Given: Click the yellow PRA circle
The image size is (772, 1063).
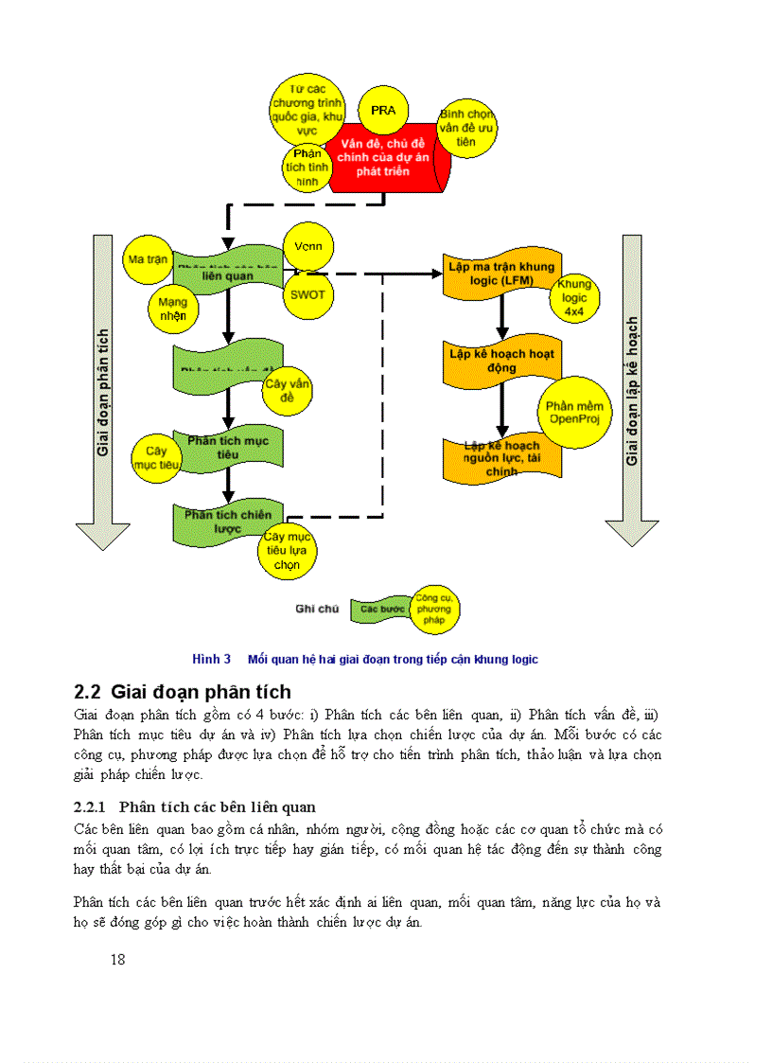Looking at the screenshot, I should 383,112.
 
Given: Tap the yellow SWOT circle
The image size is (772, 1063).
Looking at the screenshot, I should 307,293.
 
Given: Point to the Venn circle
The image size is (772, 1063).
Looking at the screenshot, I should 308,247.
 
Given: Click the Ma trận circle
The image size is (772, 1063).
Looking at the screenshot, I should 149,258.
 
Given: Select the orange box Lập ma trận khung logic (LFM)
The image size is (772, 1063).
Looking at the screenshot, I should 501,275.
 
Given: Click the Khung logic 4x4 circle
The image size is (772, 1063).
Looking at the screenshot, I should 573,297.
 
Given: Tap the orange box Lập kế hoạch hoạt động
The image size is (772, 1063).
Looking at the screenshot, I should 501,360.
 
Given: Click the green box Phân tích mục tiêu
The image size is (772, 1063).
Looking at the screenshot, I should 228,448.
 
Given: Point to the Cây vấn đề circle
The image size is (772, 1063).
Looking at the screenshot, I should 288,391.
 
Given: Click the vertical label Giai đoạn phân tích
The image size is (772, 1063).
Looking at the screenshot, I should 103,392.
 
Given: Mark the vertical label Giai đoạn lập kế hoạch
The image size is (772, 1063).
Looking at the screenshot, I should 632,390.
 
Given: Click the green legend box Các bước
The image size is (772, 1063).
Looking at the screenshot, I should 382,609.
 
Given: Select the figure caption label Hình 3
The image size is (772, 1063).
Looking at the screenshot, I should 212,659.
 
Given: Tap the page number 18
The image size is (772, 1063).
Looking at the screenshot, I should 118,959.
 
